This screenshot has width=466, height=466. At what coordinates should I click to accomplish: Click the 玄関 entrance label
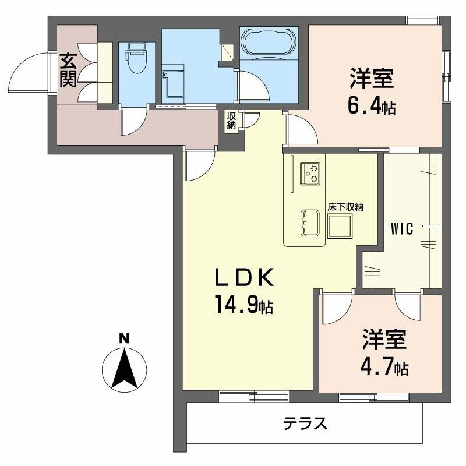click(68, 69)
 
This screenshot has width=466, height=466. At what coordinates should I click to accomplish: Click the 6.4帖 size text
click(373, 107)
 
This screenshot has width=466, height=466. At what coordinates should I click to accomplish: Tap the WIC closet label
click(401, 229)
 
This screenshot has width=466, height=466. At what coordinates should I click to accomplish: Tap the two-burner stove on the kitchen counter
click(310, 173)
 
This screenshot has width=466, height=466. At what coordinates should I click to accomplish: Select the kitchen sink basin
click(309, 223)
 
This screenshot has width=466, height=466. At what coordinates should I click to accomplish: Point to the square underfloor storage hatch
click(341, 226)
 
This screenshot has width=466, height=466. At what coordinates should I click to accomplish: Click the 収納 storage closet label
click(231, 121)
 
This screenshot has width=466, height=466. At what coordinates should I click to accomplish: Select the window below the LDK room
click(254, 397)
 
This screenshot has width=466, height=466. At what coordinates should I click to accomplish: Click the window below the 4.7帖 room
click(374, 397)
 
